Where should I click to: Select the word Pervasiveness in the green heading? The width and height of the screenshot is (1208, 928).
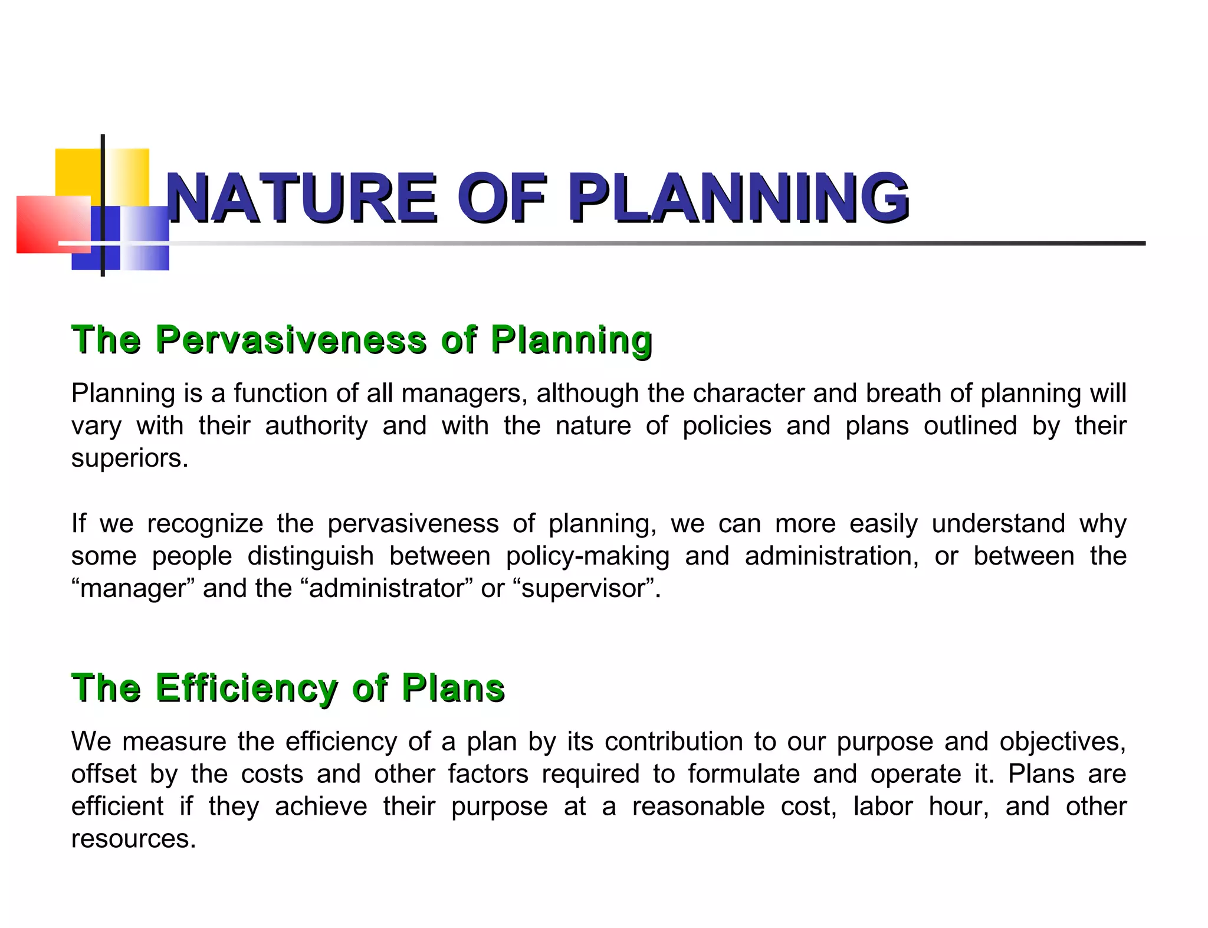coord(290,340)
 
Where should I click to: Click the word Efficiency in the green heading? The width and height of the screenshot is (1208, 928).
coord(247,688)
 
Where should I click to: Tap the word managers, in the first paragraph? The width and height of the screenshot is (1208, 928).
coord(464,394)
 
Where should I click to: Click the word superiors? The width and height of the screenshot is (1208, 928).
coord(130,458)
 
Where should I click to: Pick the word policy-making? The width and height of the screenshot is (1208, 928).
coord(587,556)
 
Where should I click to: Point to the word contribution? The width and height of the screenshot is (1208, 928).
coord(674,742)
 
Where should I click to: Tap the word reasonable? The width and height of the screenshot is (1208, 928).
coord(698,806)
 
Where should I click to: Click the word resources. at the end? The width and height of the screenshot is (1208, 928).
coord(133,839)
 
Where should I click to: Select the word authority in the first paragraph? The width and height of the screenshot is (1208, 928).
coord(316,426)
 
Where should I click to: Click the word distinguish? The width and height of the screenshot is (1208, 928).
coord(310,556)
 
